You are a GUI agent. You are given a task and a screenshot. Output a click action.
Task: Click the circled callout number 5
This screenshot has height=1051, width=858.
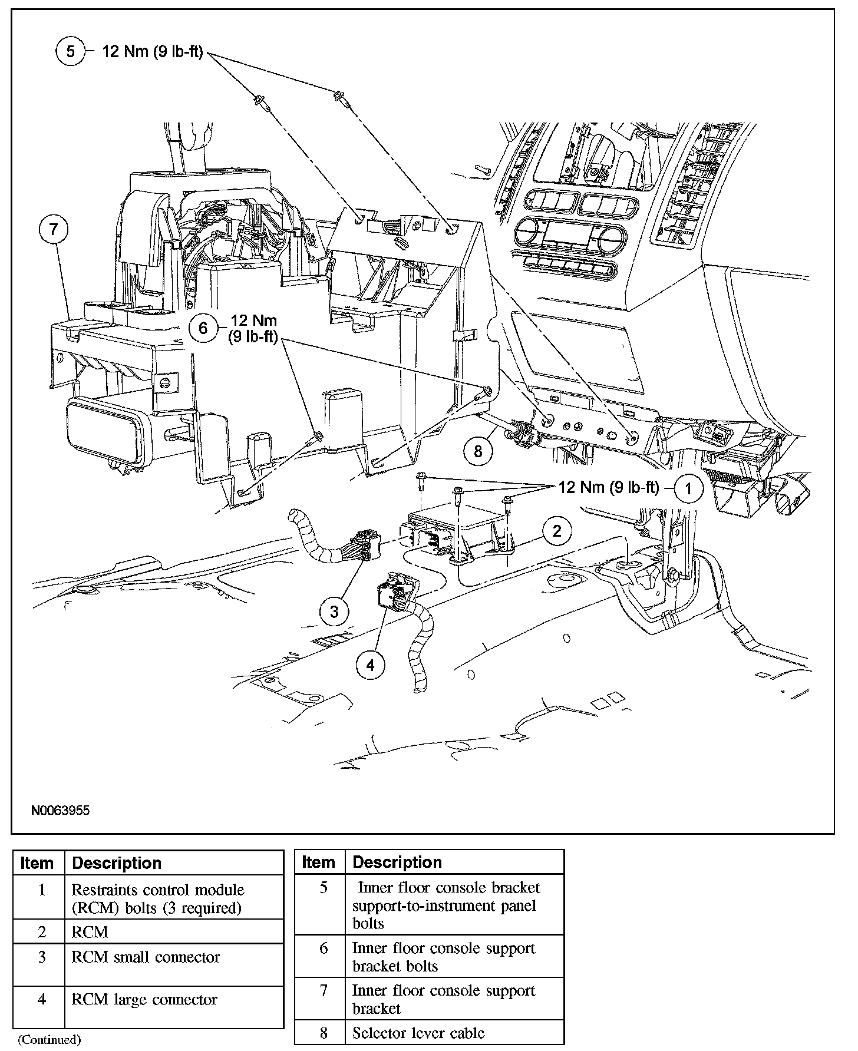coord(71,51)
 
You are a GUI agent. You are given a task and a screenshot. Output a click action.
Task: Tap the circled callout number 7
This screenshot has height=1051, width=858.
coord(54,229)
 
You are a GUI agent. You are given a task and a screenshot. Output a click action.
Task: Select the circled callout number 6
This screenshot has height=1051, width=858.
coord(203,328)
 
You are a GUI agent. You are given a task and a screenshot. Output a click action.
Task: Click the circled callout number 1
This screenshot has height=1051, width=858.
coord(689,488)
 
